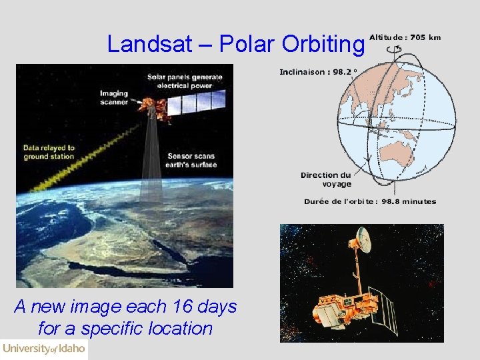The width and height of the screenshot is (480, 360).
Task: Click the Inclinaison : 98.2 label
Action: [x=318, y=71]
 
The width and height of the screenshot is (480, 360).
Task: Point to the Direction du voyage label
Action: [x=325, y=179]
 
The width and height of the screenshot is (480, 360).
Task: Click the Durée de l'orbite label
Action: [x=370, y=201]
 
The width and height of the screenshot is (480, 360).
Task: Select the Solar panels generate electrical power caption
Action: [x=185, y=81]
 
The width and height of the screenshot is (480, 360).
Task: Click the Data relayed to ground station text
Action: [x=49, y=152]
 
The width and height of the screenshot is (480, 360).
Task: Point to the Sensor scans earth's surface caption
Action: [x=193, y=160]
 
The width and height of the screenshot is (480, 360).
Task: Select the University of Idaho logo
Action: [x=44, y=349]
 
